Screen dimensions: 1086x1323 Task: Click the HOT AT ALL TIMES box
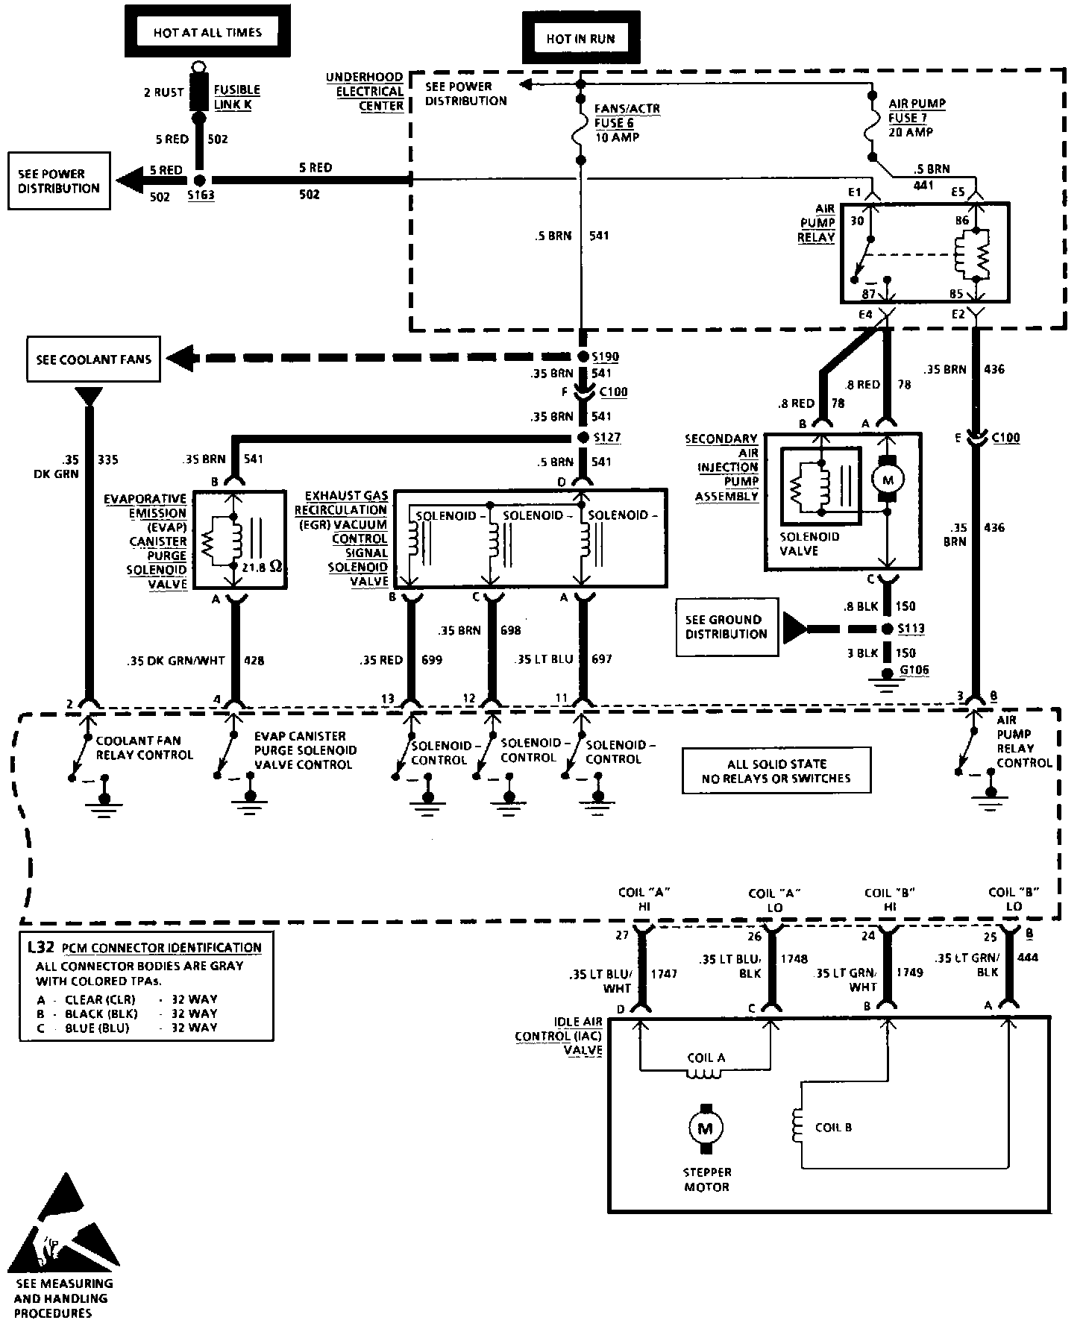pyautogui.click(x=207, y=34)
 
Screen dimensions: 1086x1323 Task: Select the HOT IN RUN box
pyautogui.click(x=580, y=39)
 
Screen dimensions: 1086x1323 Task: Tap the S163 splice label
pyautogui.click(x=200, y=196)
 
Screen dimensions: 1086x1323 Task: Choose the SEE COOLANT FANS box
pyautogui.click(x=93, y=359)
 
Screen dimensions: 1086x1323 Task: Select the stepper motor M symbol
pyautogui.click(x=704, y=1129)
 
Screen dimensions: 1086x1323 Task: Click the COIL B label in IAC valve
pyautogui.click(x=833, y=1128)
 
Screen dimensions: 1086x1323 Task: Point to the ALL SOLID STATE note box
pyautogui.click(x=776, y=770)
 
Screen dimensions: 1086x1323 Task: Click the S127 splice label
pyautogui.click(x=606, y=438)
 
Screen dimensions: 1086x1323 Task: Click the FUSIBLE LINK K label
pyautogui.click(x=236, y=97)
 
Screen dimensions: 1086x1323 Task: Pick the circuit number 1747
pyautogui.click(x=664, y=974)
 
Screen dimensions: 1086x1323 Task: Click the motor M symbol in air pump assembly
pyautogui.click(x=888, y=480)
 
